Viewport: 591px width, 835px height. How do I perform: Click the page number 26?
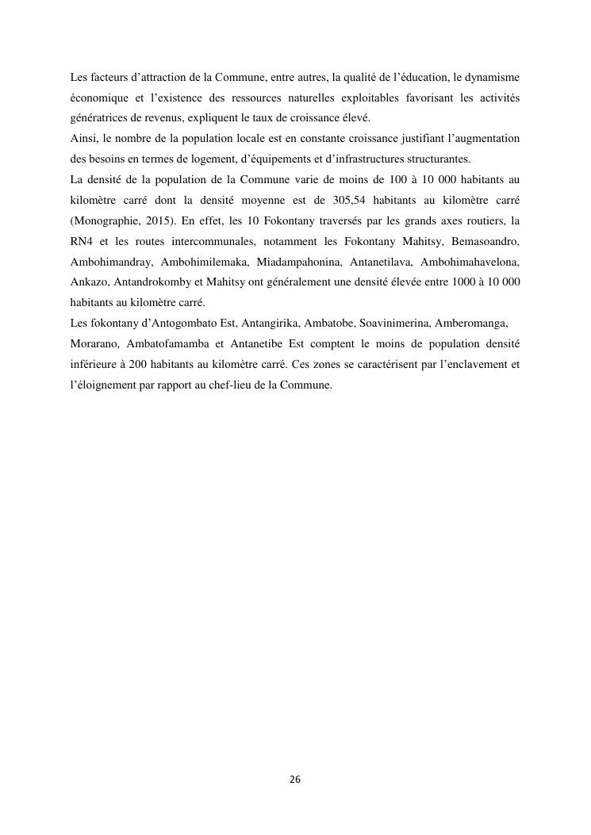pyautogui.click(x=295, y=779)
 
